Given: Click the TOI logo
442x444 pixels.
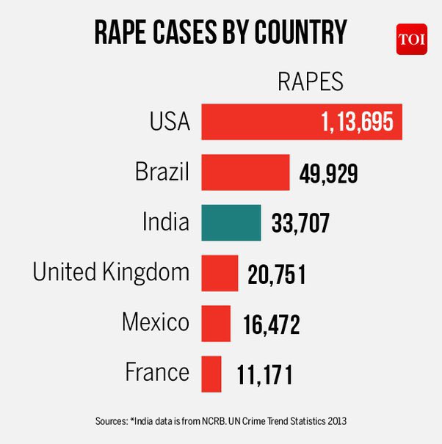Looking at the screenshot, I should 411,40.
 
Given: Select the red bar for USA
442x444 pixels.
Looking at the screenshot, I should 301,122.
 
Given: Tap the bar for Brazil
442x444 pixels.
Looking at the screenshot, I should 245,172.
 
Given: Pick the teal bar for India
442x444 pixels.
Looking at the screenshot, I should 231,222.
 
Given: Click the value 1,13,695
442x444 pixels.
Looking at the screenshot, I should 357,123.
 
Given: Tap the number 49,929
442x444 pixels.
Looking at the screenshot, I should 328,173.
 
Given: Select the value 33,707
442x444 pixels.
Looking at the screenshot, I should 300,223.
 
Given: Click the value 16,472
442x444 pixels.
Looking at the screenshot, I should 271,324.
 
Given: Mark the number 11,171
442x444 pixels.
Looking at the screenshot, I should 264,374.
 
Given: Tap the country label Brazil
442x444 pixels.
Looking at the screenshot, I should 162,172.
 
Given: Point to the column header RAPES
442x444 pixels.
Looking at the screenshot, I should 310,81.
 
